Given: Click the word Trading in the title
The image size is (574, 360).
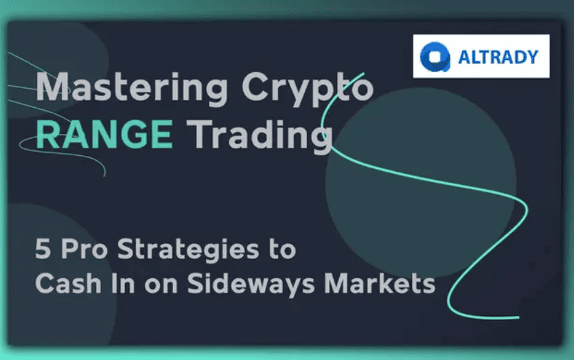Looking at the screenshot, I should pyautogui.click(x=260, y=136).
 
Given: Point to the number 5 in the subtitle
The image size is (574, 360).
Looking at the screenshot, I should pyautogui.click(x=43, y=249).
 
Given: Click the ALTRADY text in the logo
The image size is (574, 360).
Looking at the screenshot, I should pyautogui.click(x=498, y=56).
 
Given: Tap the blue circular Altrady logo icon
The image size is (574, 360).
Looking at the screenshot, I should pyautogui.click(x=435, y=56).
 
